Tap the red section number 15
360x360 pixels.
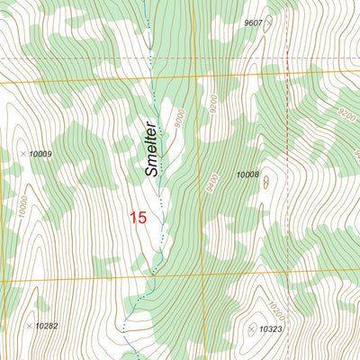pyautogui.click(x=138, y=217)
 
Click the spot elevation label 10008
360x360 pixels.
pyautogui.click(x=247, y=175)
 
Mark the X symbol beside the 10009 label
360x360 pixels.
pyautogui.click(x=23, y=155)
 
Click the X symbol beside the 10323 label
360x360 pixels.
pyautogui.click(x=251, y=330)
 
